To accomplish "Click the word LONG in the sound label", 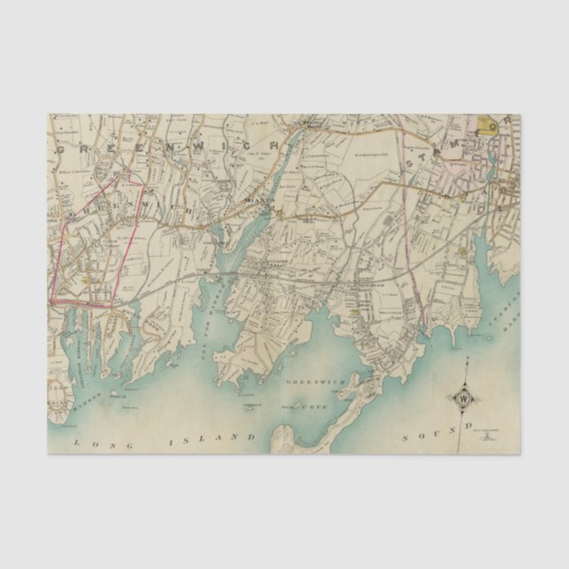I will point(91,443).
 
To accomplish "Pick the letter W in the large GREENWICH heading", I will point(209,140).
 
